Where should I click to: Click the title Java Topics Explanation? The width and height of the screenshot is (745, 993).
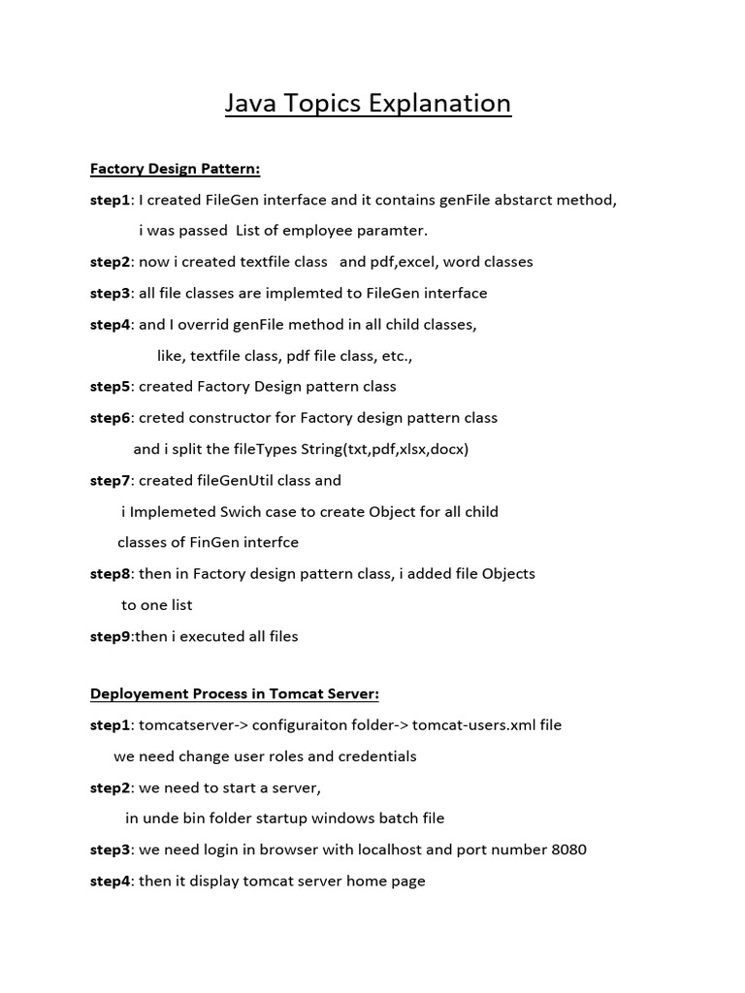click(x=368, y=103)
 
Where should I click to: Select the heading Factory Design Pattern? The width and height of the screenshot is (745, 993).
click(x=175, y=169)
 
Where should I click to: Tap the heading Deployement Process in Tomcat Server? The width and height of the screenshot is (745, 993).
click(x=234, y=693)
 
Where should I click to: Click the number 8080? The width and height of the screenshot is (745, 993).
click(x=568, y=849)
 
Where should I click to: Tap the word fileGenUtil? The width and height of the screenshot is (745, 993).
click(x=234, y=480)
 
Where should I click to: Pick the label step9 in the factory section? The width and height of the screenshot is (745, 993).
click(x=110, y=636)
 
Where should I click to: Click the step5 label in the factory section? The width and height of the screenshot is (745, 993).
click(x=110, y=386)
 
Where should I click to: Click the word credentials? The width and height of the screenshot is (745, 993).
click(x=367, y=755)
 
